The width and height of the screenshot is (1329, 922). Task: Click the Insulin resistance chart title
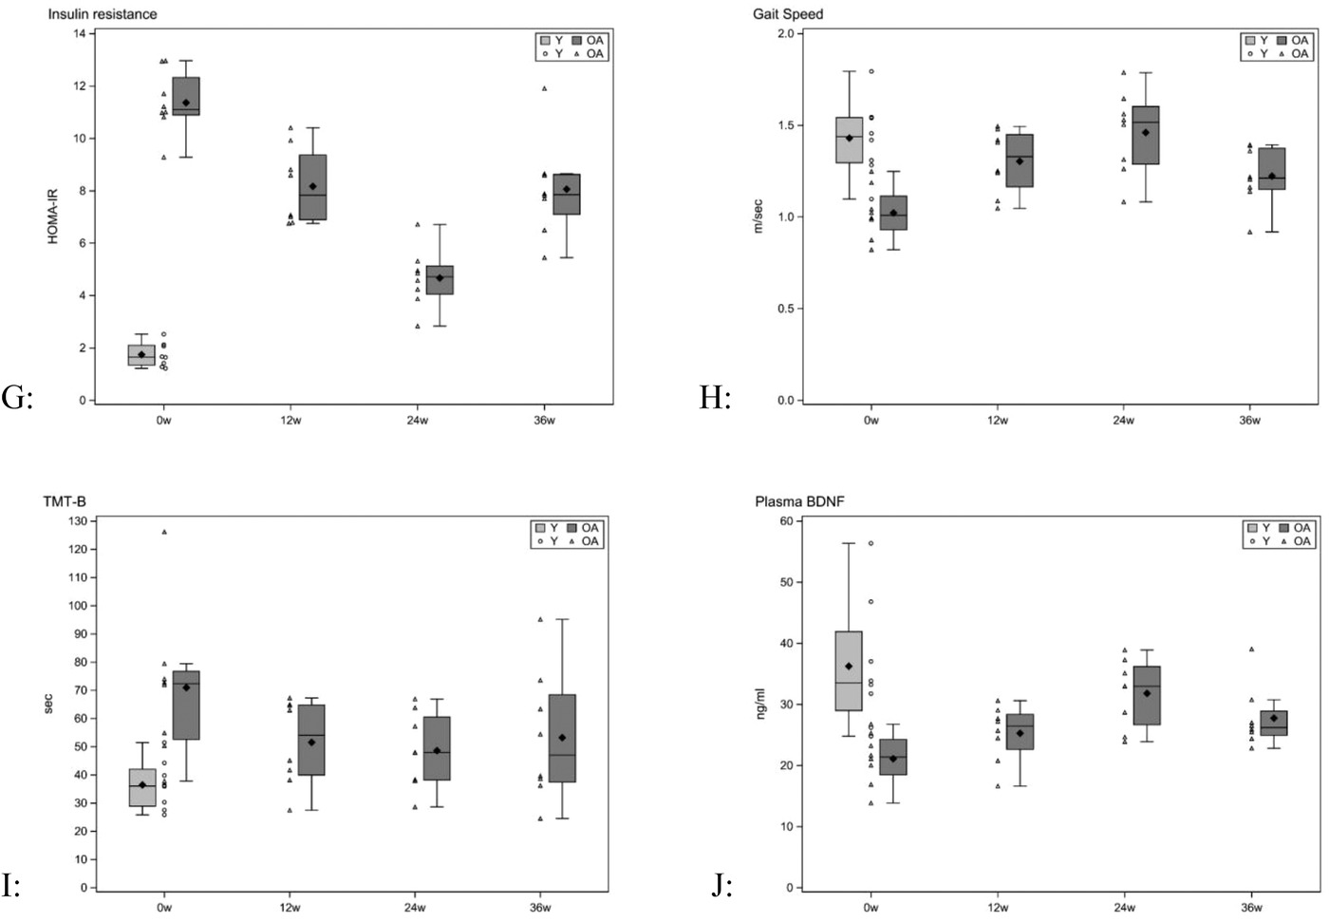pyautogui.click(x=103, y=14)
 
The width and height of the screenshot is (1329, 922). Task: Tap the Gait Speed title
pyautogui.click(x=788, y=14)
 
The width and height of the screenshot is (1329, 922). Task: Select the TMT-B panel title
pyautogui.click(x=65, y=501)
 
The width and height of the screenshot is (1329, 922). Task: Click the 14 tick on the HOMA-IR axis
pyautogui.click(x=79, y=34)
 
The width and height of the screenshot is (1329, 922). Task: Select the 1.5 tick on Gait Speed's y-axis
pyautogui.click(x=785, y=125)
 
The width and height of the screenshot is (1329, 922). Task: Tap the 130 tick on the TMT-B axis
pyautogui.click(x=76, y=521)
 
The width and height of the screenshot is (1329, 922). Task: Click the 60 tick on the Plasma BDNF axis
pyautogui.click(x=785, y=521)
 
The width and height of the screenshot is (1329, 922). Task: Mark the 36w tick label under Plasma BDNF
pyautogui.click(x=1250, y=908)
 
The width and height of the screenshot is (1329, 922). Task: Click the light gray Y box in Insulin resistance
pyautogui.click(x=141, y=355)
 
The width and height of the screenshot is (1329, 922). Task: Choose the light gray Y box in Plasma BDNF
pyautogui.click(x=849, y=670)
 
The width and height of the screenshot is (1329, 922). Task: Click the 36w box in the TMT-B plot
pyautogui.click(x=562, y=738)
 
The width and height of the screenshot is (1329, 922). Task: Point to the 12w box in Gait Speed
pyautogui.click(x=1020, y=160)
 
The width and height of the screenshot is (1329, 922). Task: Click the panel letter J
pyautogui.click(x=721, y=887)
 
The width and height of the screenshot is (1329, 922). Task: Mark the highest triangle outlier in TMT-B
pyautogui.click(x=164, y=532)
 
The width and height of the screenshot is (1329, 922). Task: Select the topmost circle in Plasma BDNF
pyautogui.click(x=870, y=543)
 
